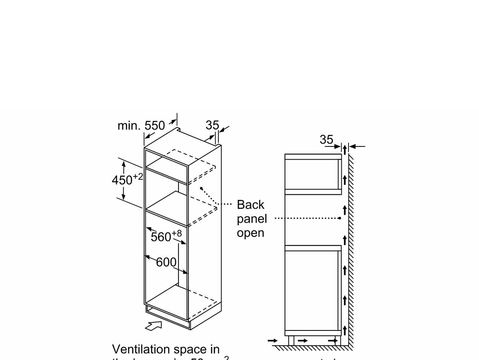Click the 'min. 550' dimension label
141,126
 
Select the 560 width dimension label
162,237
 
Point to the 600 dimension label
166,262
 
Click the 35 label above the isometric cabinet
212,125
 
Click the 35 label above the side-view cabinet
327,140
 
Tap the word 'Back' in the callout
251,205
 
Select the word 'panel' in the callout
252,219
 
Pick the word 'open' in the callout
251,233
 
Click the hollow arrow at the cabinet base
154,325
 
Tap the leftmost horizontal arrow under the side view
273,340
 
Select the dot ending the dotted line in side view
340,218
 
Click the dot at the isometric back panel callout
202,188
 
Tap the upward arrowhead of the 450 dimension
124,164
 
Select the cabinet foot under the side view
291,340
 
